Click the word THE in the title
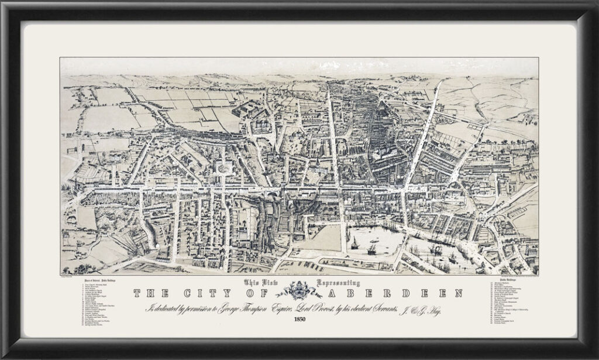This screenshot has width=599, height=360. click(x=150, y=292)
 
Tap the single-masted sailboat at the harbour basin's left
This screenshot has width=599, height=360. click(x=354, y=242)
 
